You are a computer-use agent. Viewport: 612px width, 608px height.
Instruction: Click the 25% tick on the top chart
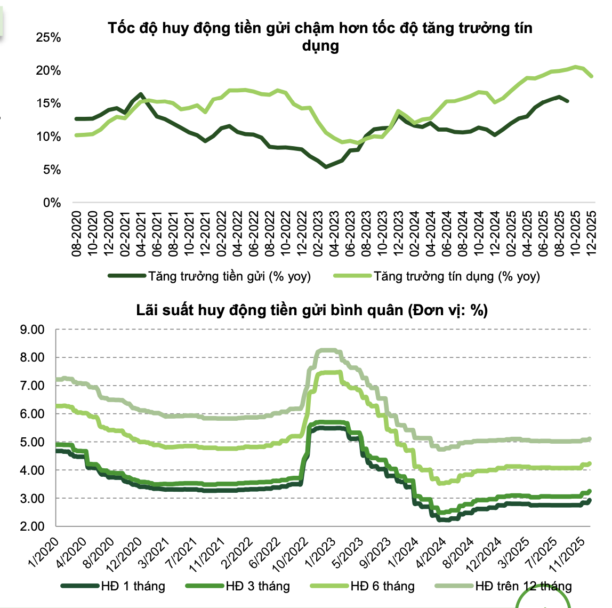48,38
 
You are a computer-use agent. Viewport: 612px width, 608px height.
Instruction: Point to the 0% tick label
52,203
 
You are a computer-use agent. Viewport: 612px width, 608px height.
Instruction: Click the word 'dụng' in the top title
320,46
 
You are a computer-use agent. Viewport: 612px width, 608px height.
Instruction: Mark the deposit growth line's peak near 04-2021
141,94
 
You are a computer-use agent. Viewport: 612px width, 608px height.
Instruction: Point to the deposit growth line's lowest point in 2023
326,167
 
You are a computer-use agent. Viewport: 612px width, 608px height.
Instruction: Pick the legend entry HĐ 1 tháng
133,587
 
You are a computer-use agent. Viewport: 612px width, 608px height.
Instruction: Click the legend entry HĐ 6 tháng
382,587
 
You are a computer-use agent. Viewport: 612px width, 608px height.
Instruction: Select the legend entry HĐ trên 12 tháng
523,587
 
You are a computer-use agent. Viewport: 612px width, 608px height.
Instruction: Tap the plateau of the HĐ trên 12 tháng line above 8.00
328,350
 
